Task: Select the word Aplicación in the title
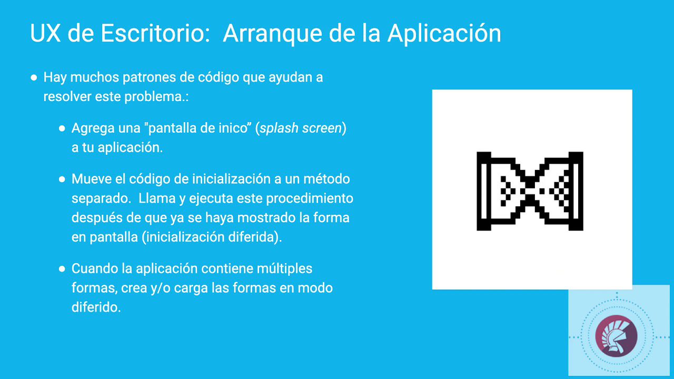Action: [444, 34]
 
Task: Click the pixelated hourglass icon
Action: [530, 191]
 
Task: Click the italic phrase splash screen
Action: [301, 128]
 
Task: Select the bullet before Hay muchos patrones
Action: [34, 77]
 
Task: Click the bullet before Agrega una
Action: [62, 128]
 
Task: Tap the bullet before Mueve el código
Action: [62, 179]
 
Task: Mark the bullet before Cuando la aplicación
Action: [62, 268]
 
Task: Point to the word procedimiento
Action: [310, 199]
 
